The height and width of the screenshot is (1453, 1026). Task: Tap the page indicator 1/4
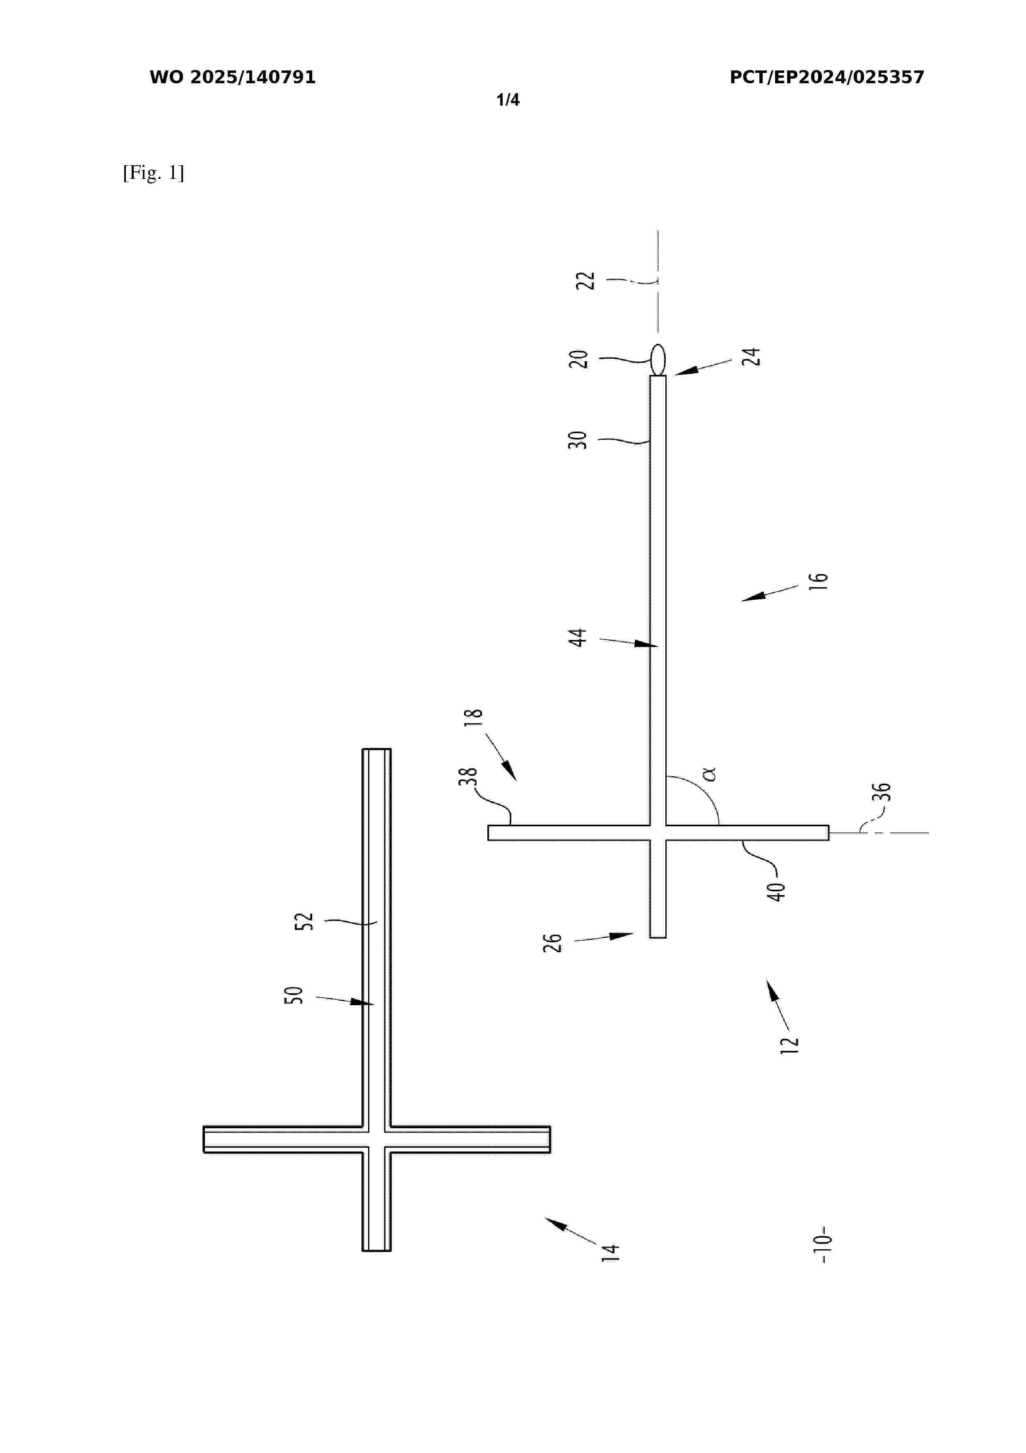[x=508, y=100]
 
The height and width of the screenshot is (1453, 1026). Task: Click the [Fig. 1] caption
[x=154, y=173]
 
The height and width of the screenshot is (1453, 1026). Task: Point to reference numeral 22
[x=586, y=280]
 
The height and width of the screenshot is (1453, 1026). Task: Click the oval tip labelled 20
[x=658, y=359]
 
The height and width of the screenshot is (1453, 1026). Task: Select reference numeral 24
[x=751, y=357]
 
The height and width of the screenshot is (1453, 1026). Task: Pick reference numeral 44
[x=578, y=638]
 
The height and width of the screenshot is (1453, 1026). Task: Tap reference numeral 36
[x=881, y=792]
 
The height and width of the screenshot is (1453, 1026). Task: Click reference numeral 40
[x=776, y=892]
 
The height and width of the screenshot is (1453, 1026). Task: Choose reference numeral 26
[x=553, y=943]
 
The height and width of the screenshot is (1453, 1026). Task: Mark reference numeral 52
[x=304, y=921]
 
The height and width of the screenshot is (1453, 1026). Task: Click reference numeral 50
[x=294, y=995]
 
